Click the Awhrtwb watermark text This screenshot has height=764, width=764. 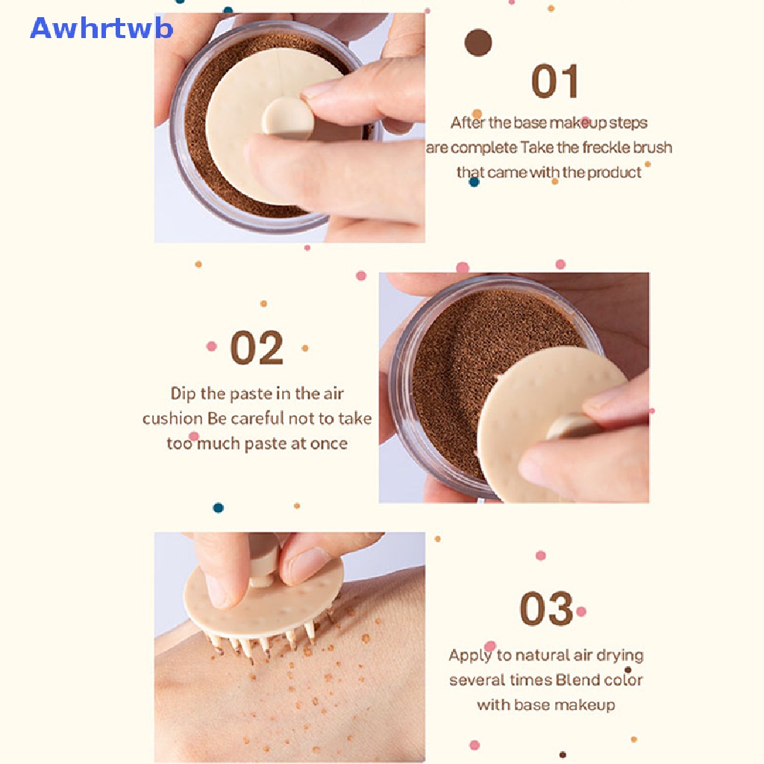[101, 28]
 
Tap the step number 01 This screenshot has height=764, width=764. [555, 82]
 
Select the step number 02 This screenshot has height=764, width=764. [257, 348]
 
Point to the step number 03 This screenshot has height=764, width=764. [546, 609]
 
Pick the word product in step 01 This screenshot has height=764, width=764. [614, 173]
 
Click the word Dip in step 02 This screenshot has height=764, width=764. [184, 393]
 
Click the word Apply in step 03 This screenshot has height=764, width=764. [470, 656]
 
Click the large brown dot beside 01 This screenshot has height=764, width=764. [478, 43]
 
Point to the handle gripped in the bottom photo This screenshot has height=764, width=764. [263, 560]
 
